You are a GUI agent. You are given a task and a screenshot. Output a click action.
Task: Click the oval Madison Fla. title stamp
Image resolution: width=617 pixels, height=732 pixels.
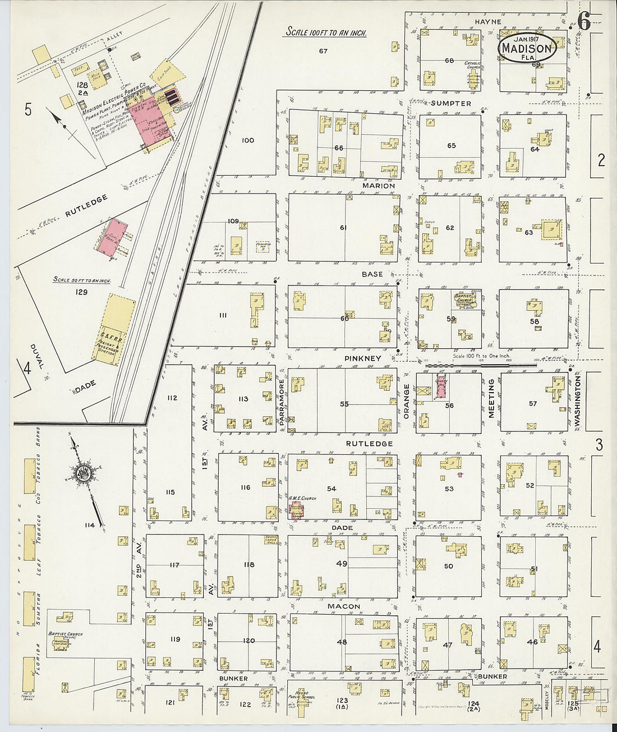(527, 48)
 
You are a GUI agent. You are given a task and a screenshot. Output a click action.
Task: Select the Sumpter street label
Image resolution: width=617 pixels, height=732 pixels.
(451, 103)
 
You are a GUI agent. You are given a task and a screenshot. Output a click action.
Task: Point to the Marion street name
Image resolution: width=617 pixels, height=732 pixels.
(379, 186)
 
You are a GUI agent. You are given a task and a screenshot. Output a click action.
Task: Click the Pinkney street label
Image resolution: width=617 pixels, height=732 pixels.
(363, 358)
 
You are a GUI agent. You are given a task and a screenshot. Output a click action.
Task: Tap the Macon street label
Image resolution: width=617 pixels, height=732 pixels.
(344, 606)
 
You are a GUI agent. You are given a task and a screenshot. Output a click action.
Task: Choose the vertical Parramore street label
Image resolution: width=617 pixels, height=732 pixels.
(282, 400)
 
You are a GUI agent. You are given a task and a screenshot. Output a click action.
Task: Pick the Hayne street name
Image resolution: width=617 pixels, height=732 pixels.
(488, 22)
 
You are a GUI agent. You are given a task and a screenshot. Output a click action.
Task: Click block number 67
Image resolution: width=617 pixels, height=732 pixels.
(323, 52)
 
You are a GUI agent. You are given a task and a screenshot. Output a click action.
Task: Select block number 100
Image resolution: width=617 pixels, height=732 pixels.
(247, 140)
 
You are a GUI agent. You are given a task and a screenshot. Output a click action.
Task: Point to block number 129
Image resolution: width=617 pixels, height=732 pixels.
(82, 292)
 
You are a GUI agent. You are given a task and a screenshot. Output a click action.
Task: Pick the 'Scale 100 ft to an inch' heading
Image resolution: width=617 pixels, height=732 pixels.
(326, 33)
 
